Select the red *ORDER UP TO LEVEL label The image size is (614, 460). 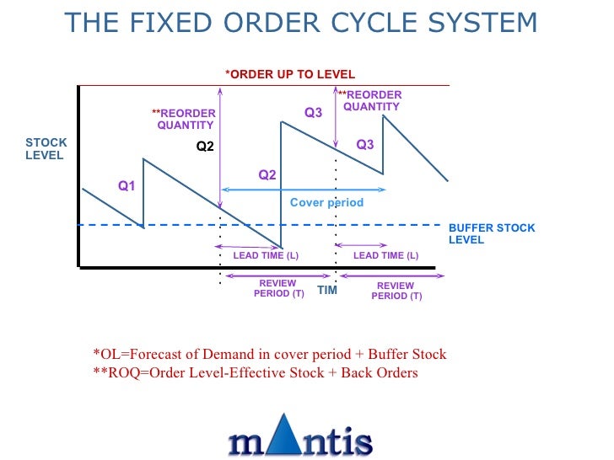[x=290, y=74]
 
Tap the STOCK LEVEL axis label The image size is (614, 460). [x=46, y=149]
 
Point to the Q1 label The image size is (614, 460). [x=127, y=186]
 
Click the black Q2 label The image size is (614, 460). [x=205, y=146]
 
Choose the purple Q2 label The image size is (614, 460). [x=267, y=175]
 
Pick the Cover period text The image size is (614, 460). [x=326, y=202]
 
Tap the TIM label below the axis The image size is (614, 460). [x=327, y=290]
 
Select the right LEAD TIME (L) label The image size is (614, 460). [x=385, y=255]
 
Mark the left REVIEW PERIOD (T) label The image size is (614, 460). [x=278, y=289]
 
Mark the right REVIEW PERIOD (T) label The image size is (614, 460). [x=396, y=291]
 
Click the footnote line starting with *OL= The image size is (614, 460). [x=269, y=354]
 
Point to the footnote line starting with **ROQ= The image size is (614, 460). [x=255, y=372]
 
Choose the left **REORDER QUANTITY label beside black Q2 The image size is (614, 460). [x=185, y=119]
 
